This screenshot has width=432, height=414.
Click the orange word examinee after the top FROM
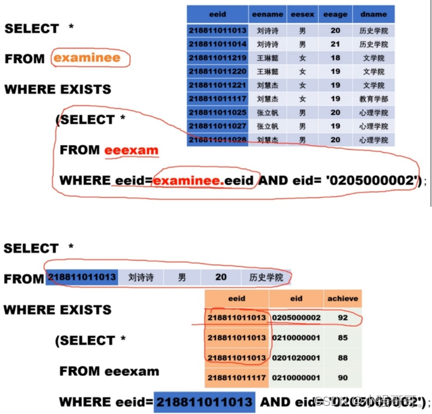87,58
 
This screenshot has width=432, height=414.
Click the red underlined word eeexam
131,150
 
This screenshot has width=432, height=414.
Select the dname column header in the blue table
373,14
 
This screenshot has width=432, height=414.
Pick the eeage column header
335,14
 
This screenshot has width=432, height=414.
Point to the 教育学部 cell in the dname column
373,99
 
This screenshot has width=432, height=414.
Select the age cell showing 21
335,45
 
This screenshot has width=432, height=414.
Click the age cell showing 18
335,58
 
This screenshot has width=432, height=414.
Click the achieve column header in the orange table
343,298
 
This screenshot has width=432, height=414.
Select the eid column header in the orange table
296,298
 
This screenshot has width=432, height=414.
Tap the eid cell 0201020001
296,357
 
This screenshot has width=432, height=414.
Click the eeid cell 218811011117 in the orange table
236,377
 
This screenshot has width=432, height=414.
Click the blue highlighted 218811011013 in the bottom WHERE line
204,402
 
